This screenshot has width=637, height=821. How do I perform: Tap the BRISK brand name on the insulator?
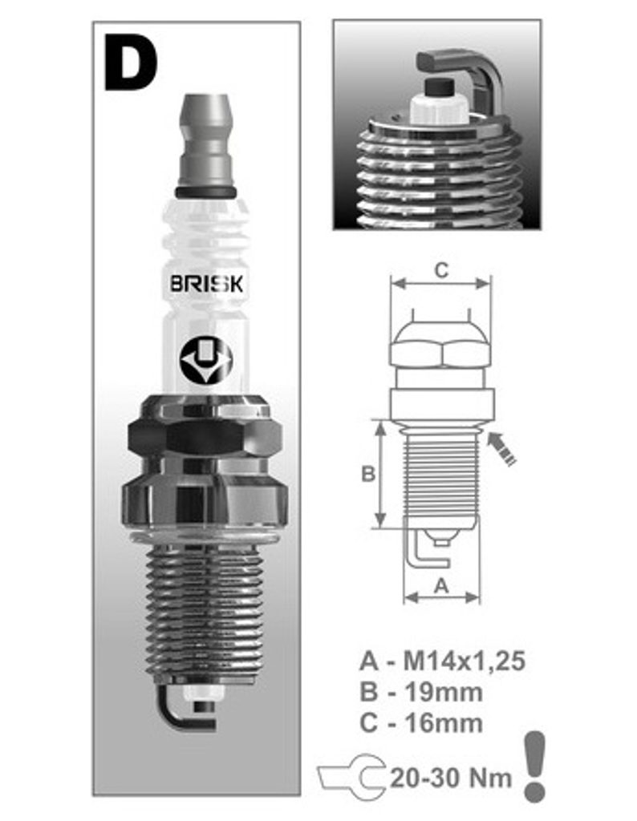(206, 284)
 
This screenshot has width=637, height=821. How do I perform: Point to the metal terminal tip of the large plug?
(206, 145)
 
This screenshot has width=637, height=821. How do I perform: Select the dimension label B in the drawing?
(368, 474)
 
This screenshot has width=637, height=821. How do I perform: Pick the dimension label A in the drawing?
(442, 585)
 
